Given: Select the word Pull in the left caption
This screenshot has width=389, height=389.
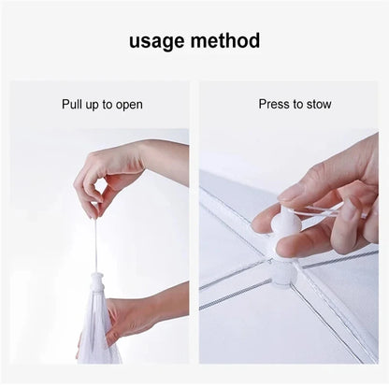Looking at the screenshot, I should click(x=74, y=105).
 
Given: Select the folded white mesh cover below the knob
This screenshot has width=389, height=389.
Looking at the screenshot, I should click(x=97, y=332).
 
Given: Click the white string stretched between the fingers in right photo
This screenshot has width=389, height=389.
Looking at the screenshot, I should click(x=323, y=217).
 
